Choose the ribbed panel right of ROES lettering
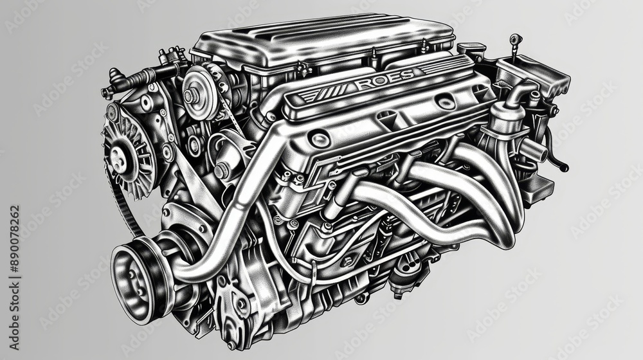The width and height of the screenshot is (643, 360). click(x=444, y=66)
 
